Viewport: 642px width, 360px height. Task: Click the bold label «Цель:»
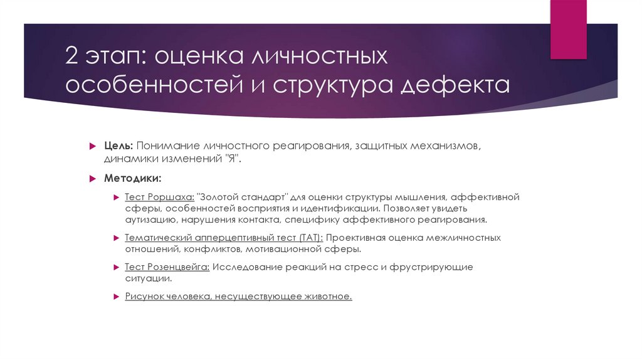(118, 146)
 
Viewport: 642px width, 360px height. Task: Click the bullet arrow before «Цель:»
(92, 146)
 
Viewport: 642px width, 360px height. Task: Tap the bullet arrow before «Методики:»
(92, 179)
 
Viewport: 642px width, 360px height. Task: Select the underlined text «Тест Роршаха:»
(159, 197)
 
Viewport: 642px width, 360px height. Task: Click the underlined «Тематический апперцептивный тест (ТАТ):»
(224, 238)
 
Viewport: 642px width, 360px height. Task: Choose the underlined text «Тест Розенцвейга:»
(167, 267)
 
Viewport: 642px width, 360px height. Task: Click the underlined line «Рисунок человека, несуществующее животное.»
(238, 296)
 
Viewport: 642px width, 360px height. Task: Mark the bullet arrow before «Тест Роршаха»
(117, 198)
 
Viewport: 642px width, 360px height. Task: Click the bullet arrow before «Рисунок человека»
(117, 297)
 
